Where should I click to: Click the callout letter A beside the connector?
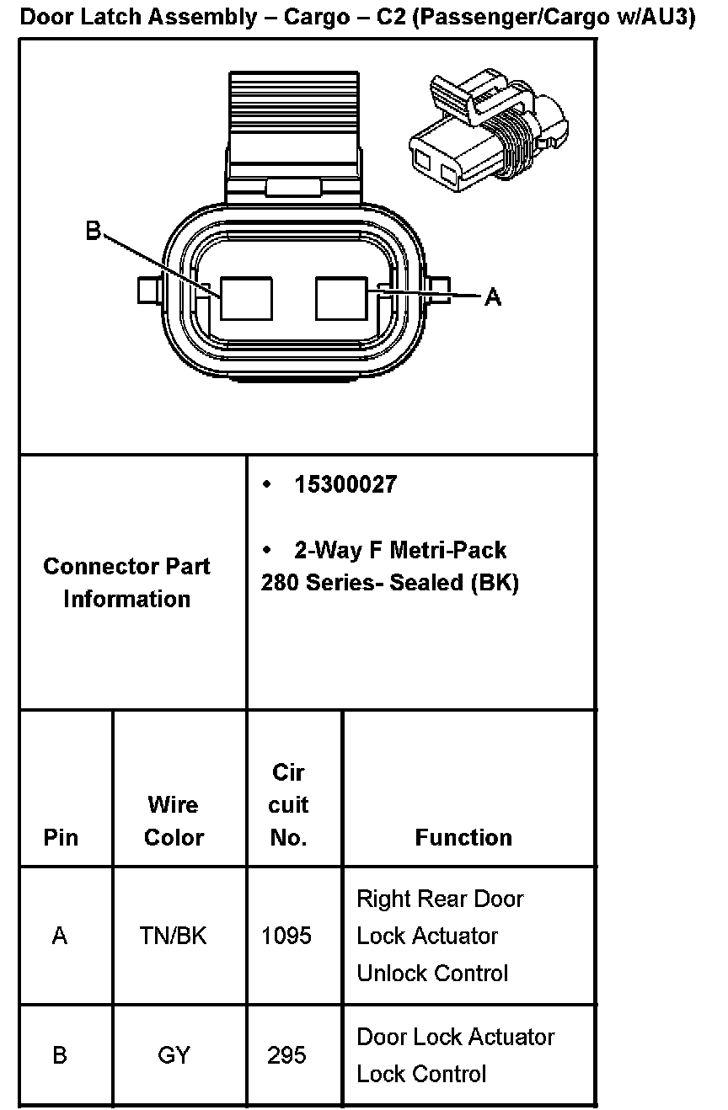click(493, 296)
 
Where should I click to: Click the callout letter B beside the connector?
click(94, 231)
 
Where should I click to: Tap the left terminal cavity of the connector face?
click(246, 298)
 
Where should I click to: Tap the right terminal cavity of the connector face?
click(341, 297)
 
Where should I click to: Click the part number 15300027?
click(345, 485)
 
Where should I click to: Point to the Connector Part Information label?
click(126, 583)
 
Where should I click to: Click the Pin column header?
click(61, 837)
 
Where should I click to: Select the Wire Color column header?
click(174, 821)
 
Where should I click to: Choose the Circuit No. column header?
click(288, 805)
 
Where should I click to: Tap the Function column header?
click(463, 837)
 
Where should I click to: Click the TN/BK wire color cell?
click(174, 936)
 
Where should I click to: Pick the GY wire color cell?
click(174, 1055)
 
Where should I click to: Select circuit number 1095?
click(286, 936)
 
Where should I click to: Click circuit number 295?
click(286, 1055)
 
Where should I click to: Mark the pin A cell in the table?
click(60, 936)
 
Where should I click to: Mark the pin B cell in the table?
click(60, 1055)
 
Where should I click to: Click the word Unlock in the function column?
click(393, 974)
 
